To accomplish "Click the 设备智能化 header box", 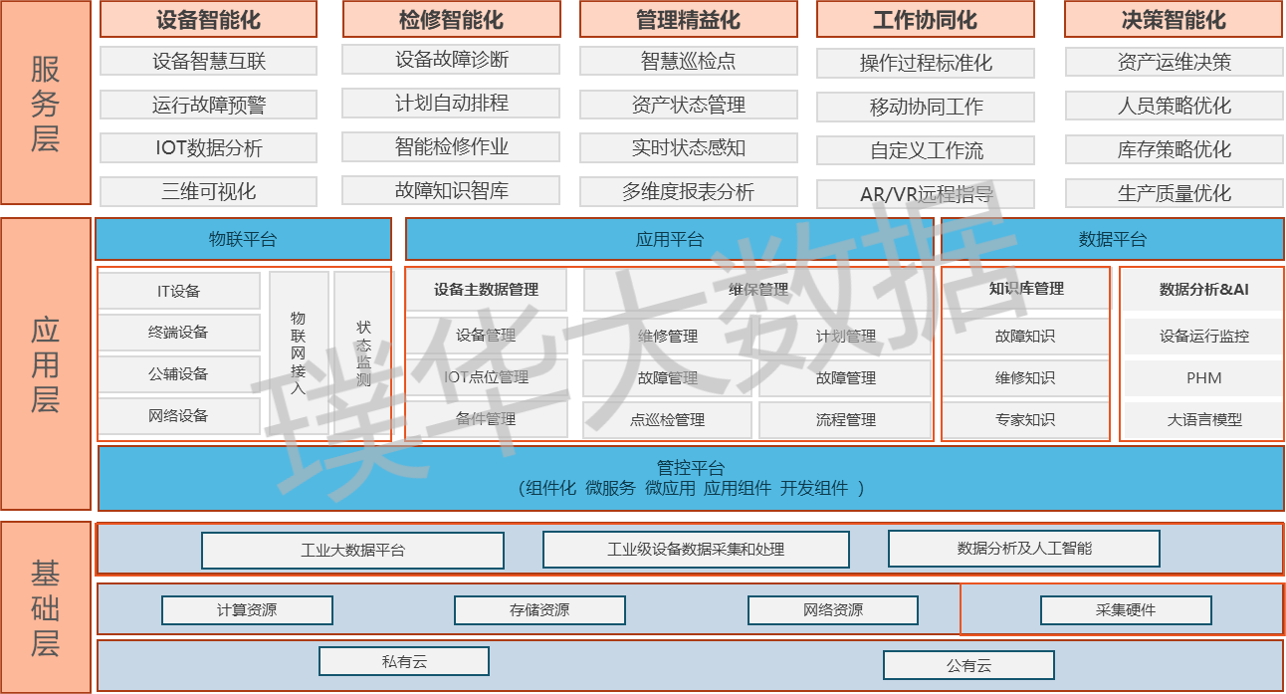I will coord(208,20).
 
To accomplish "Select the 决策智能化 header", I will coord(1174,20).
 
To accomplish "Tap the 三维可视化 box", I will coord(208,191).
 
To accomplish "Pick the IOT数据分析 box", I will coord(208,148).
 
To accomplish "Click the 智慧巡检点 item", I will coord(688,61).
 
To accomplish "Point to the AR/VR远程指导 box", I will coord(926,194).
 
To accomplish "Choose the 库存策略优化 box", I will coord(1174,149).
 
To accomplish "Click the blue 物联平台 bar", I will coord(243,239).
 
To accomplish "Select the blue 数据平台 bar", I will coord(1112,239).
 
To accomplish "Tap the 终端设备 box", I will coord(179,333).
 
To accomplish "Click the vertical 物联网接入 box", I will coord(298,352).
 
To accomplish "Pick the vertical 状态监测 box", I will coord(363,352).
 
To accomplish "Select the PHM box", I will coord(1203,378).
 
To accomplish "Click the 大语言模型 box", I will coord(1203,420).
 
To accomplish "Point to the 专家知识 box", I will coord(1025,420).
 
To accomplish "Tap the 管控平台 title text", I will coord(691,467).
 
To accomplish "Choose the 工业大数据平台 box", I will coord(352,550).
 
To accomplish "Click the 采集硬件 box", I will coord(1126,609).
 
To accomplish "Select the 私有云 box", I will coord(403,661).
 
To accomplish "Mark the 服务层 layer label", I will coord(46,103).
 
